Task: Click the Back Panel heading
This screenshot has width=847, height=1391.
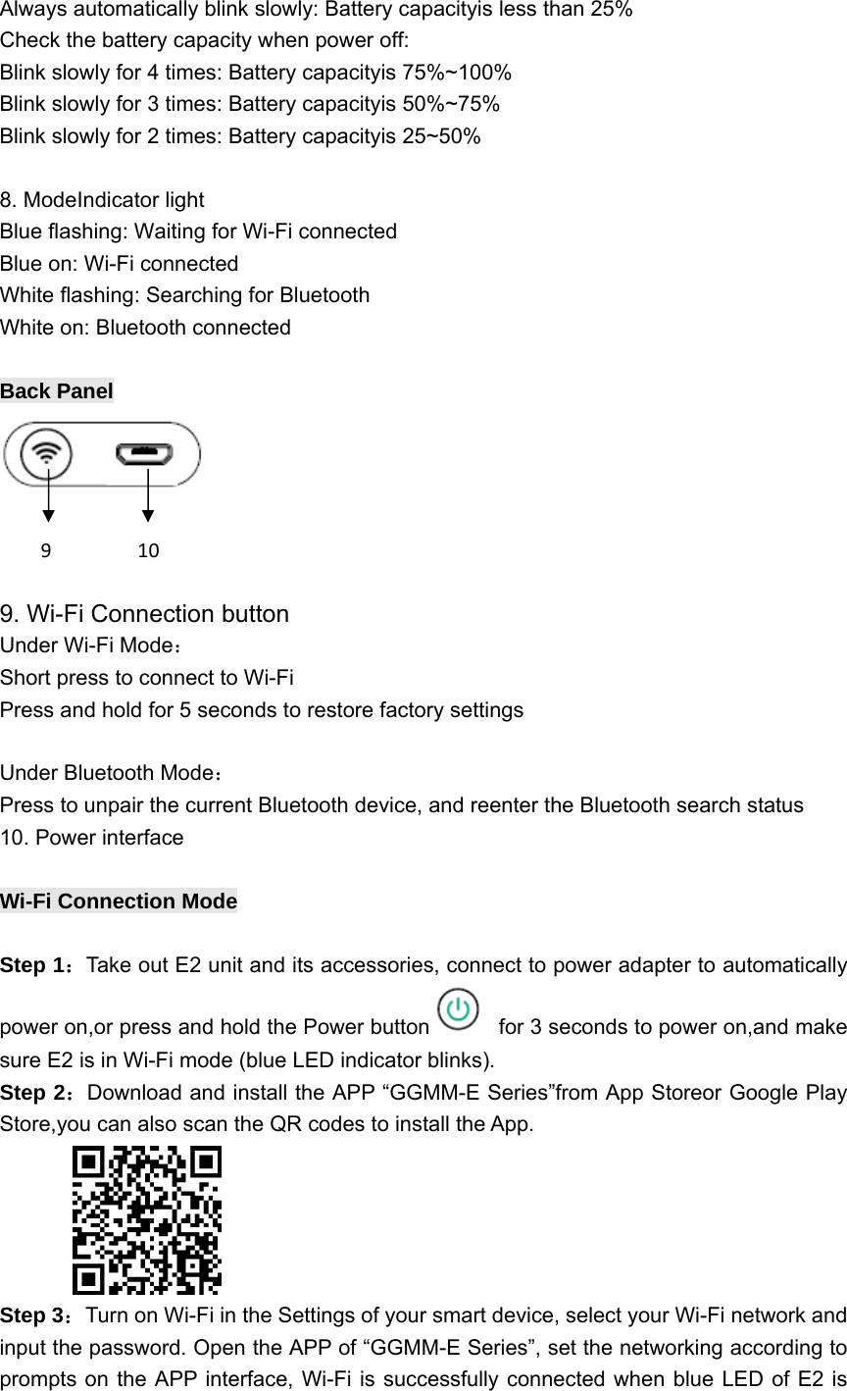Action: coord(57,391)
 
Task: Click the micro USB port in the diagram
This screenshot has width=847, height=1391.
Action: coord(146,454)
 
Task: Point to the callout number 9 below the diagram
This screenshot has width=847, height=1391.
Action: coord(45,550)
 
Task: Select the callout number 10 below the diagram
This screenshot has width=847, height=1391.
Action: coord(148,550)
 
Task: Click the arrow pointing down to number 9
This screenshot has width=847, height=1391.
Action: coord(48,495)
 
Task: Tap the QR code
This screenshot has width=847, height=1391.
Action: coord(147,1220)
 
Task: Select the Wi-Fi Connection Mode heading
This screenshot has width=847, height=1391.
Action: coord(119,901)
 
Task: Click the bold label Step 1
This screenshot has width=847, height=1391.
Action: coord(35,966)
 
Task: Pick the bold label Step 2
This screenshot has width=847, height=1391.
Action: coord(35,1094)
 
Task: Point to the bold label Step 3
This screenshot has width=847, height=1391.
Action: coord(35,1314)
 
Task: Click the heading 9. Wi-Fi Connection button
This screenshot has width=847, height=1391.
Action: coord(145,614)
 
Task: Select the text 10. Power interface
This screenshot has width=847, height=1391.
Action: coord(92,838)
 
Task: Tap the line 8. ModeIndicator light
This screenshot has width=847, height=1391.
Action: coord(102,201)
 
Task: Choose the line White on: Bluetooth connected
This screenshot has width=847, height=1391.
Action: coord(145,328)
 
